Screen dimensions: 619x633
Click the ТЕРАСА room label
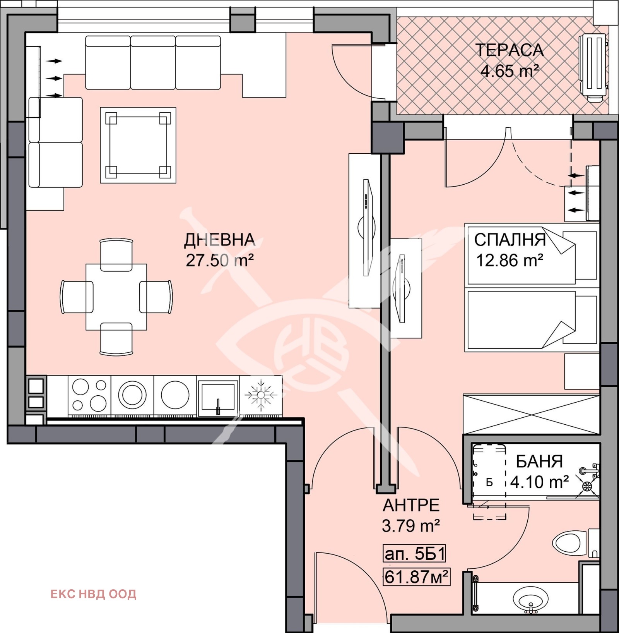coord(509,50)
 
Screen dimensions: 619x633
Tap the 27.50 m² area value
coord(219,260)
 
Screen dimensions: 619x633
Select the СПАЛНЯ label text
coord(510,240)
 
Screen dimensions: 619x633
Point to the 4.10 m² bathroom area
coord(539,482)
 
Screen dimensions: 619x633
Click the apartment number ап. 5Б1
coord(414,554)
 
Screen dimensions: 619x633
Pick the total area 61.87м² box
coord(417,577)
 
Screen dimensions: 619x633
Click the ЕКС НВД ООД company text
coord(93,594)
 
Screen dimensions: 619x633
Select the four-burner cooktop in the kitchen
coord(89,395)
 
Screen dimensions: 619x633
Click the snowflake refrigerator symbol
coord(261,395)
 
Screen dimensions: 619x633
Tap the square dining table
coord(116,297)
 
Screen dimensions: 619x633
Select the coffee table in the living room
coord(138,145)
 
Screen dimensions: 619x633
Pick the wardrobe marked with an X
coord(531,414)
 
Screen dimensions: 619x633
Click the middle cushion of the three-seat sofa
coord(153,63)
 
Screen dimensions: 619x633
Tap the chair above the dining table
coord(116,254)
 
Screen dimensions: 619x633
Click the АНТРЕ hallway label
coord(411,505)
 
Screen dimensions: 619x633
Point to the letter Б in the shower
coord(489,483)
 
